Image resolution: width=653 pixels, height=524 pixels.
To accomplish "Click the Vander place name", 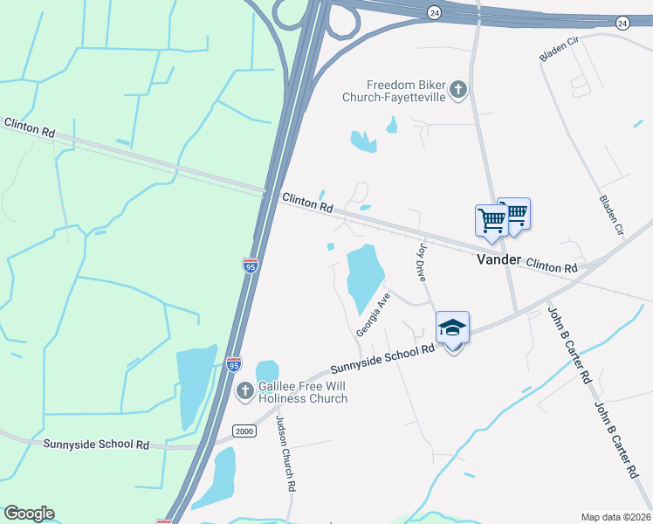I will [x=498, y=260].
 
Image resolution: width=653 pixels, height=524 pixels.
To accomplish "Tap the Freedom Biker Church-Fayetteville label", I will [x=406, y=91].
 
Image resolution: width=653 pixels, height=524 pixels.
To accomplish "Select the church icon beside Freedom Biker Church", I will [x=458, y=89].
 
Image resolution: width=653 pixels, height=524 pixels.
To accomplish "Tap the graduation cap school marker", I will [x=452, y=329].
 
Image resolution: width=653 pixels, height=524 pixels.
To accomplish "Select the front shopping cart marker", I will [x=491, y=221].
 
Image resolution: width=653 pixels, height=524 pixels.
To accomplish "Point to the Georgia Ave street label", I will [x=373, y=315].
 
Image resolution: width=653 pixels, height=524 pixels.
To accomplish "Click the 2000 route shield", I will [x=245, y=431].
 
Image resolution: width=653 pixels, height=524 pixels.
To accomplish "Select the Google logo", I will [x=29, y=514].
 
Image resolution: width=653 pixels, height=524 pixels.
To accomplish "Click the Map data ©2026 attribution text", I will [x=615, y=517].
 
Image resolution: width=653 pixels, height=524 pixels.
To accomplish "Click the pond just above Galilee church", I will [x=266, y=370].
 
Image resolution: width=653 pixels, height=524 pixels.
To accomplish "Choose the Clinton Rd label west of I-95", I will [x=29, y=127].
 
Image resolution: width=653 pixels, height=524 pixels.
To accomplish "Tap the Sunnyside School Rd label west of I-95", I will [x=96, y=444].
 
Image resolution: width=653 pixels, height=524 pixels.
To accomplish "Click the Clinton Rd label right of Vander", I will [x=552, y=265].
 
